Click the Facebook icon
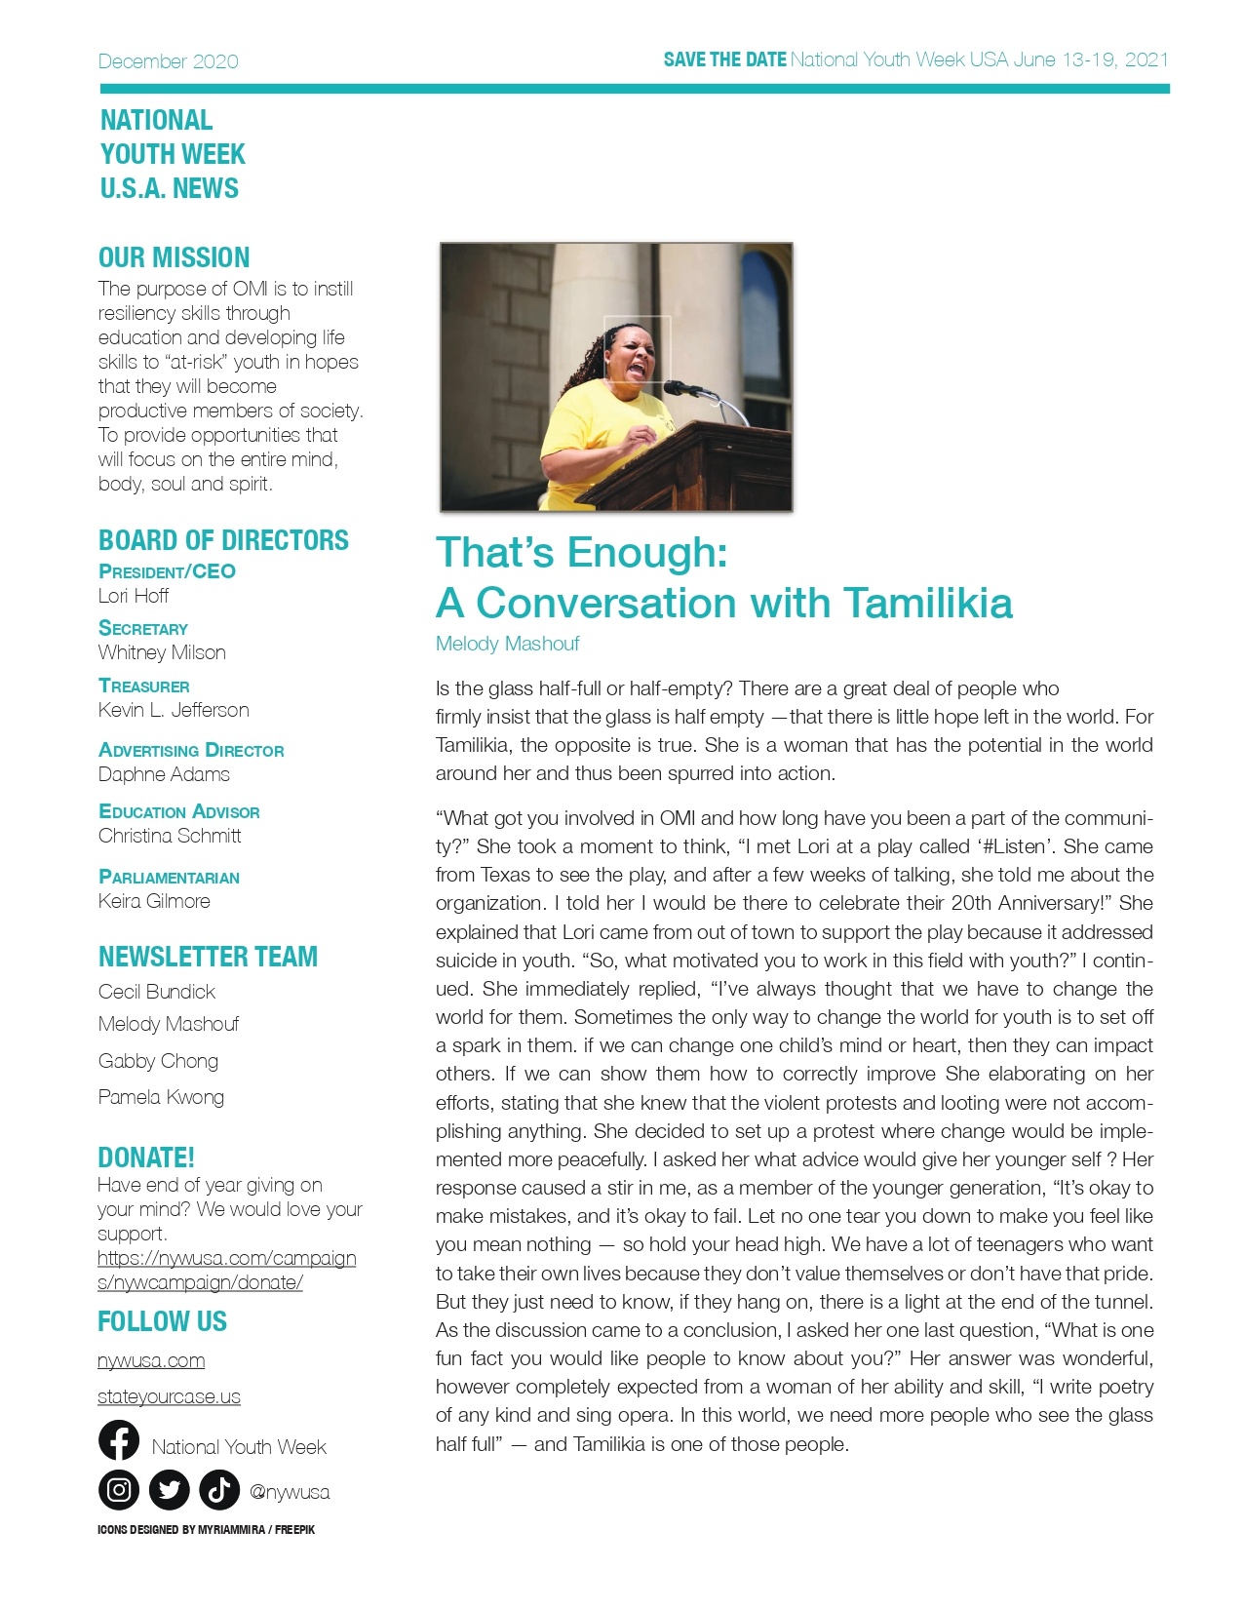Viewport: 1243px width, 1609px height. point(119,1440)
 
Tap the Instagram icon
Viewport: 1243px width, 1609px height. point(119,1489)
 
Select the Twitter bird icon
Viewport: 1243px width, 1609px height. point(170,1489)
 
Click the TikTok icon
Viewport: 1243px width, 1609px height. point(219,1489)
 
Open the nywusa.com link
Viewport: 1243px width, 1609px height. point(151,1360)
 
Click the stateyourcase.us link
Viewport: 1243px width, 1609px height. point(169,1396)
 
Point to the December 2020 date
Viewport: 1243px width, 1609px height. point(168,61)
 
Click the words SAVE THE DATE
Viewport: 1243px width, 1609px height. point(724,59)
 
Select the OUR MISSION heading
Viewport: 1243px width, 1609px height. point(174,257)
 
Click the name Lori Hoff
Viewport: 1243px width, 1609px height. point(134,596)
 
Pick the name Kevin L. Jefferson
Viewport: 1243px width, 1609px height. point(174,710)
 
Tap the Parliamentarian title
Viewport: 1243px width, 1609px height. point(169,877)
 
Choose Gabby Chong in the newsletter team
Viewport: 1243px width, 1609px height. point(158,1061)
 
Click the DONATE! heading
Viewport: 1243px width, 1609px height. point(146,1158)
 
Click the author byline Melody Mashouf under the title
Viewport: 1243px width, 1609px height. point(507,644)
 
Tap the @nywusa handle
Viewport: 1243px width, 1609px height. point(290,1492)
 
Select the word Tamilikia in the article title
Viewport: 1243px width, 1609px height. point(927,603)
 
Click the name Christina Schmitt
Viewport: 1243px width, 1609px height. point(170,836)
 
